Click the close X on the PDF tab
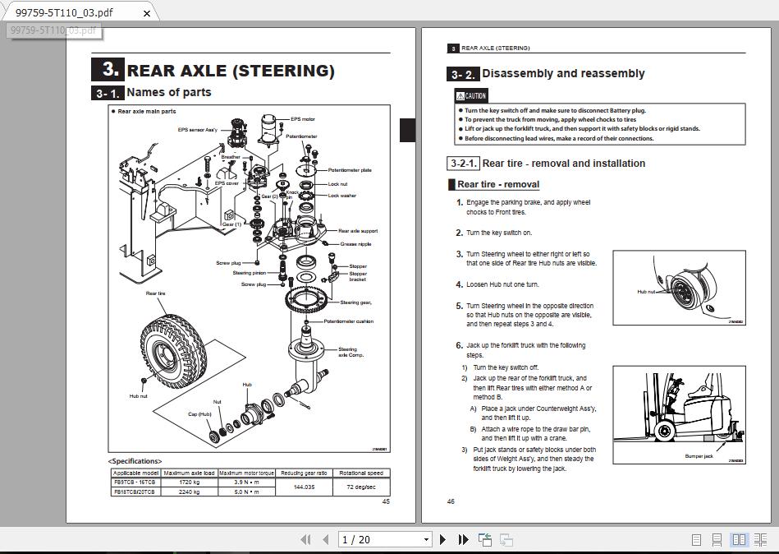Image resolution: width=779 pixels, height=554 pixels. (148, 13)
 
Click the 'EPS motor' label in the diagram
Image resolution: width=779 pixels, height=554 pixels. (302, 119)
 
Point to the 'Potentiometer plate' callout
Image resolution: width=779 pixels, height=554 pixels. (350, 170)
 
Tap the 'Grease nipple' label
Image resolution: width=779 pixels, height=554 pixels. (355, 244)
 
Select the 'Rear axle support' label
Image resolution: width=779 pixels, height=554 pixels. (358, 231)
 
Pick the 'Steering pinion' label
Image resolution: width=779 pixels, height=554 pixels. (249, 273)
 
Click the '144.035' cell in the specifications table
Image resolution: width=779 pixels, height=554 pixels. (304, 487)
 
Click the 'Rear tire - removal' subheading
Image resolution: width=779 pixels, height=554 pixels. (497, 185)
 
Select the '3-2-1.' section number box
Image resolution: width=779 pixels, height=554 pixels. (464, 164)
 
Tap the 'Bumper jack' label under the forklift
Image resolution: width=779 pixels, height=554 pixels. (699, 456)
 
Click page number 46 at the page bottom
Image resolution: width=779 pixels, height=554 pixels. (451, 501)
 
